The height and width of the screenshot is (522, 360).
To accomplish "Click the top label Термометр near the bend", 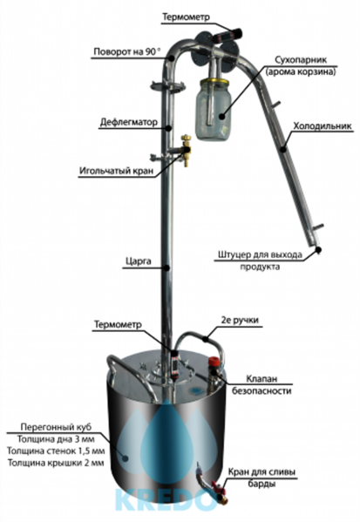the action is click(x=186, y=17).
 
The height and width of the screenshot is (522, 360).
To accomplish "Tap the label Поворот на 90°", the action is click(x=127, y=52).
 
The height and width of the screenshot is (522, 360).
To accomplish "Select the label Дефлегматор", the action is click(x=129, y=123).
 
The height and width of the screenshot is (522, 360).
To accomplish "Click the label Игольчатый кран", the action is click(x=117, y=171).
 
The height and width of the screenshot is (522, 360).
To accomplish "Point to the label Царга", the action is click(x=139, y=261).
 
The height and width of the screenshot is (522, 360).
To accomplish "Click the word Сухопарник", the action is click(x=301, y=60).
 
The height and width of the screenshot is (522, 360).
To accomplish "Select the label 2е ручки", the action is click(x=240, y=320).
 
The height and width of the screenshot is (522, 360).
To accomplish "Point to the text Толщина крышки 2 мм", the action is click(x=56, y=463).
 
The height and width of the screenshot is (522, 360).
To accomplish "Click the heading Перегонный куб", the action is click(x=56, y=427).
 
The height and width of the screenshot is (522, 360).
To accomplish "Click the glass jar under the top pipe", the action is click(x=214, y=111).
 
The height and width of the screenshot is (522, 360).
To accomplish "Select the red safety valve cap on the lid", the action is click(x=214, y=362).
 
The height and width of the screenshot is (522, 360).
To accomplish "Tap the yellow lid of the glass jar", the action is click(x=214, y=82).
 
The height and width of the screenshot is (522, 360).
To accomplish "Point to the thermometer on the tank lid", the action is click(x=173, y=363).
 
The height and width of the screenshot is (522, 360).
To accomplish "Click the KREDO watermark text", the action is click(x=166, y=500).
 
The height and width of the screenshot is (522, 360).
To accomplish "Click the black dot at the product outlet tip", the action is click(x=319, y=249).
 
